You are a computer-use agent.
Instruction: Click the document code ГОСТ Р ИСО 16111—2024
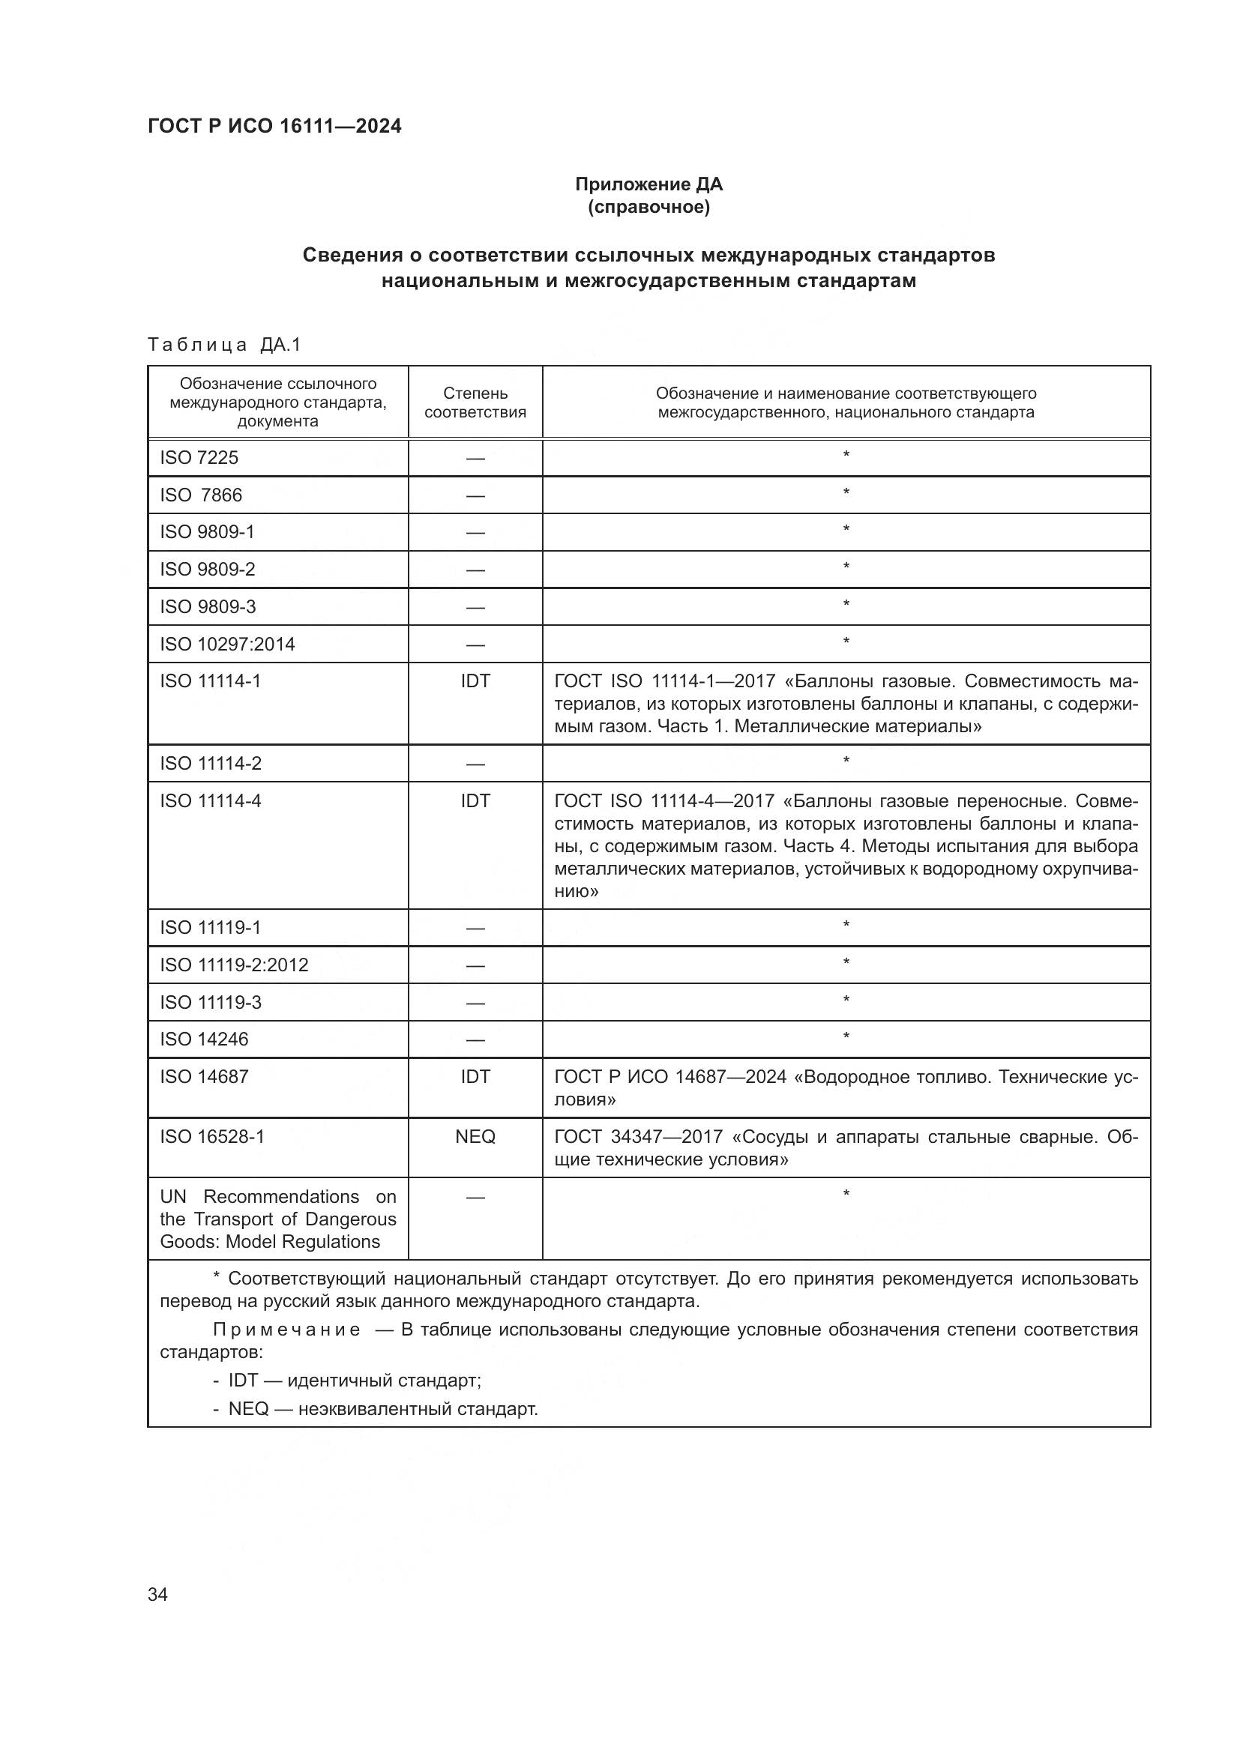[x=274, y=126]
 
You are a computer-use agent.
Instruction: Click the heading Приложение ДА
[x=648, y=184]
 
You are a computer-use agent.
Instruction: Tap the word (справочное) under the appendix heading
[x=648, y=207]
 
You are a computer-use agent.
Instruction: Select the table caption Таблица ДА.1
[x=224, y=344]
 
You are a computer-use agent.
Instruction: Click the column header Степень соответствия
[x=475, y=402]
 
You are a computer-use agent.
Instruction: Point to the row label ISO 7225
[x=199, y=457]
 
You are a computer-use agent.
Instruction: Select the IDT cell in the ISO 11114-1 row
[x=475, y=681]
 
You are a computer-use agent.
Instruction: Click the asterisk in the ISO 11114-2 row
[x=845, y=761]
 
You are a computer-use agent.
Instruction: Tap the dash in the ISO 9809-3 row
[x=475, y=608]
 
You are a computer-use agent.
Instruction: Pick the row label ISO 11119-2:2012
[x=234, y=965]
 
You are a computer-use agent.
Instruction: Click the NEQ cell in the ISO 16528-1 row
[x=475, y=1136]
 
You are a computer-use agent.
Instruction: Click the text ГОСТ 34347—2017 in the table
[x=638, y=1136]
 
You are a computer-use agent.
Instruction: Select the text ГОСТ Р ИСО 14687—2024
[x=669, y=1076]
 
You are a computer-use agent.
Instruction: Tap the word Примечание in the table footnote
[x=286, y=1330]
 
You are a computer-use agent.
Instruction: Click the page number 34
[x=157, y=1594]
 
